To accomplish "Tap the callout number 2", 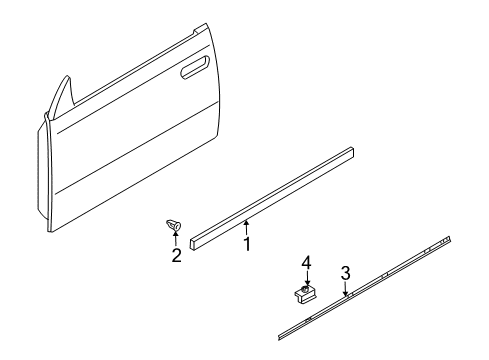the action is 176,255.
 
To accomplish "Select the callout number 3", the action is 345,272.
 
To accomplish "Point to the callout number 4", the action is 308,262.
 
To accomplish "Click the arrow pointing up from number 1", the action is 246,223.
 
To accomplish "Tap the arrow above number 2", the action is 176,239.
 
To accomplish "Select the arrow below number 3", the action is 345,290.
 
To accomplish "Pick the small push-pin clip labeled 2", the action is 173,226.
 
